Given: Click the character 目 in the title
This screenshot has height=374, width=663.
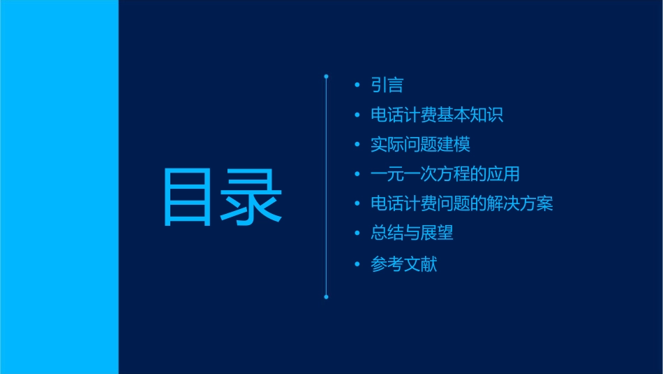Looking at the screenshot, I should point(187,196).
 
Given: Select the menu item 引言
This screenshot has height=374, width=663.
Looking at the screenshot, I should point(387,85).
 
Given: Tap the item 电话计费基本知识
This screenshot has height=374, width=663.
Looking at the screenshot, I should point(437,115).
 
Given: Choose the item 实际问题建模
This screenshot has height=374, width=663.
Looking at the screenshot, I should point(420,145).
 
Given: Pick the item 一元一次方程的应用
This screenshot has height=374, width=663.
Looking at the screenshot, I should point(445,174).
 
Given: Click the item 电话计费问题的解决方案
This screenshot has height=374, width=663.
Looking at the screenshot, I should point(461,203).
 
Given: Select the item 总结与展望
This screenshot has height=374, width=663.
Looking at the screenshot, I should point(412,233).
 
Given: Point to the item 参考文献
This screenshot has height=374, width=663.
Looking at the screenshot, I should point(403,264).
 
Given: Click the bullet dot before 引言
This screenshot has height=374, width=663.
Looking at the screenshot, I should point(357,85).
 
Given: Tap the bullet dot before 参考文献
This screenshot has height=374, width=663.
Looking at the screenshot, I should point(357,264).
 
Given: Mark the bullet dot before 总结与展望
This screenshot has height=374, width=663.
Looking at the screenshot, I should point(357,233).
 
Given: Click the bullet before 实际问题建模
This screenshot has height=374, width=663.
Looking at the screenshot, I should point(357,145).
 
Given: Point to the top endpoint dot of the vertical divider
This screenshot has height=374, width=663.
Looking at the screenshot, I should point(326,75).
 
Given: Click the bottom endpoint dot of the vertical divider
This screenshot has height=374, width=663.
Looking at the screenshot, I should point(326,297).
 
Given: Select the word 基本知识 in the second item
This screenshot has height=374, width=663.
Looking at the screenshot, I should point(470,115).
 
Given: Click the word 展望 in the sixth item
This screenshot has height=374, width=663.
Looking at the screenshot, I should point(437,233).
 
